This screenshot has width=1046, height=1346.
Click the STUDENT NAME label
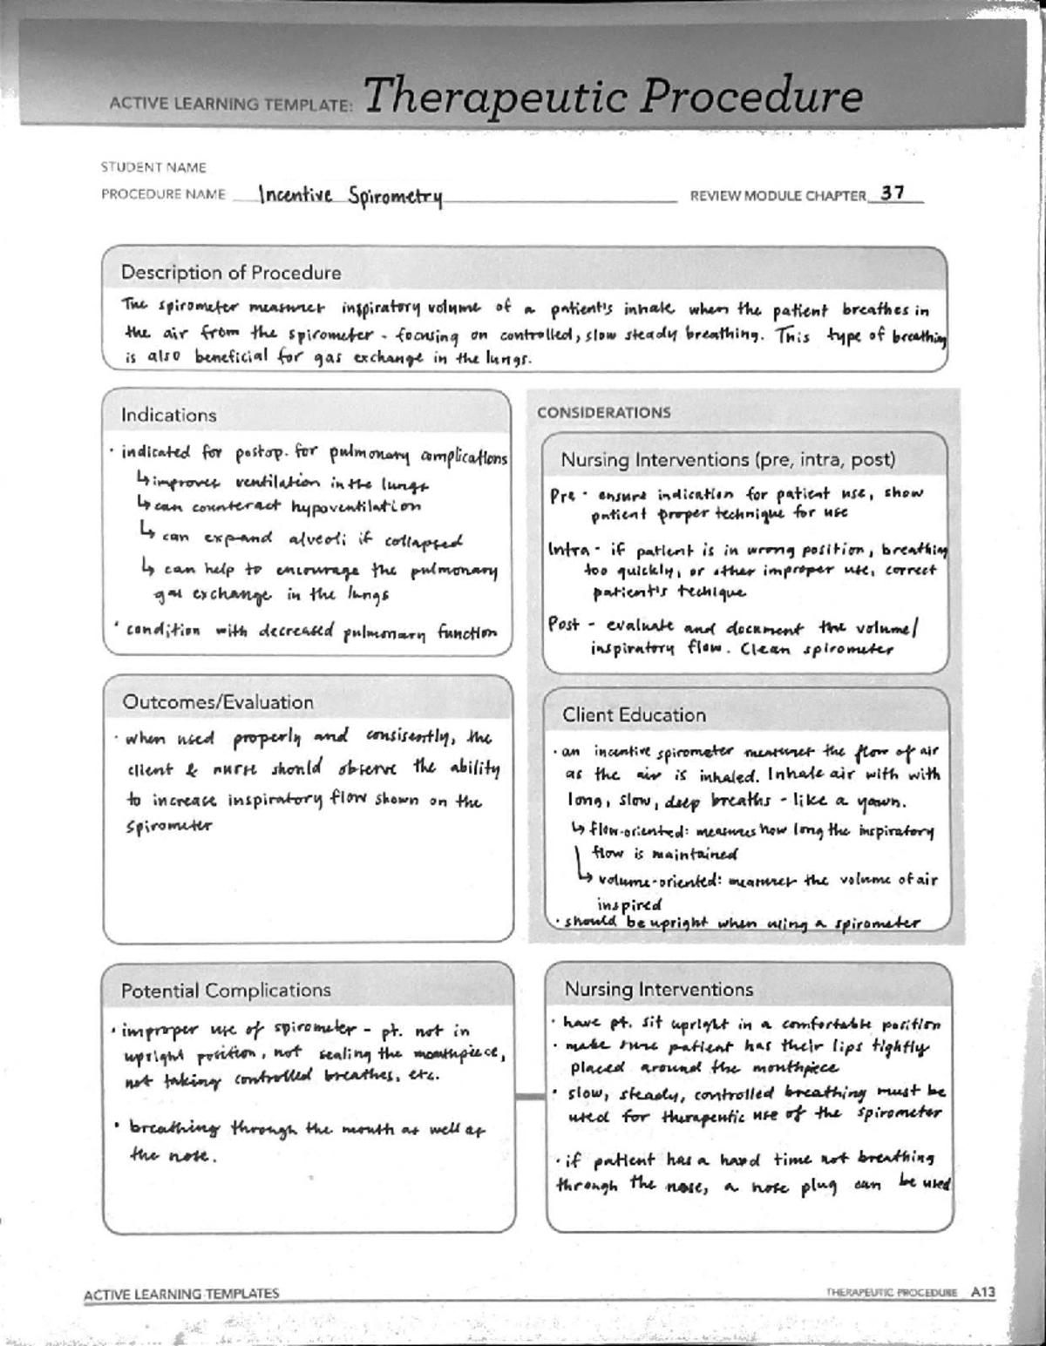point(153,166)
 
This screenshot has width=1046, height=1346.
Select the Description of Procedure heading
point(231,273)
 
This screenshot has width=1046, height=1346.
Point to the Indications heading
point(168,415)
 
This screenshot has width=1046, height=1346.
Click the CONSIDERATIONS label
point(603,412)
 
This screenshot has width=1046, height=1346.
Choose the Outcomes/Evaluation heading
point(217,702)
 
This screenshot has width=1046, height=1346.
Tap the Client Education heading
point(634,715)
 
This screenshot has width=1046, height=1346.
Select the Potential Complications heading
point(226,991)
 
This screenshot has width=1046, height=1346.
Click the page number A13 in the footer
point(982,1293)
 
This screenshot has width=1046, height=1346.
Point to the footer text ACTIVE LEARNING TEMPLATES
point(181,1294)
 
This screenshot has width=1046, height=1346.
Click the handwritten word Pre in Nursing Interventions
point(562,495)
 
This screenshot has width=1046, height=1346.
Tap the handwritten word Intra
point(568,550)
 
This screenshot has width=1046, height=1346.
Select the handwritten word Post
point(564,625)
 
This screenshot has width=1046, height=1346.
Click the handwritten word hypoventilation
point(356,506)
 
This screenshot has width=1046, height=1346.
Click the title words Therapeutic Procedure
point(613,96)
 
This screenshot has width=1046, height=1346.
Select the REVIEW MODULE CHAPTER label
point(778,196)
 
